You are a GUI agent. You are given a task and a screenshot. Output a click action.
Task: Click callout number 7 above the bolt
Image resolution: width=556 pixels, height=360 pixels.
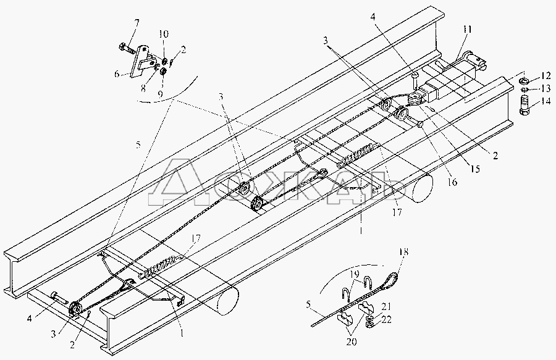tap(137, 23)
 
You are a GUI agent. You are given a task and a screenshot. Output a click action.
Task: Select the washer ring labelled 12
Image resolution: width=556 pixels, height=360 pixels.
tap(523, 80)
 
